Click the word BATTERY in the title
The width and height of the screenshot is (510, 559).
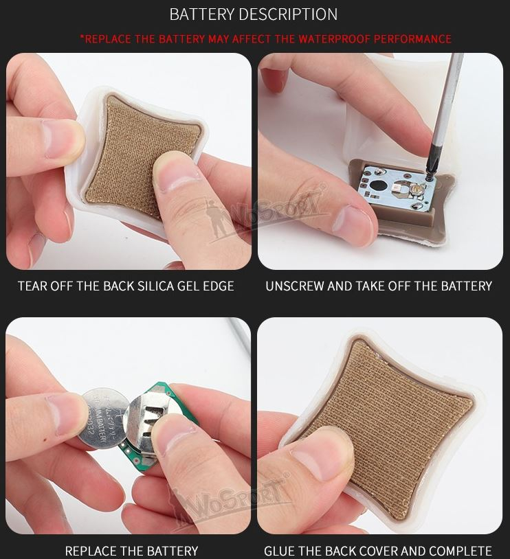200,14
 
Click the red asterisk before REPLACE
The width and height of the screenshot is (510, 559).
82,38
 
